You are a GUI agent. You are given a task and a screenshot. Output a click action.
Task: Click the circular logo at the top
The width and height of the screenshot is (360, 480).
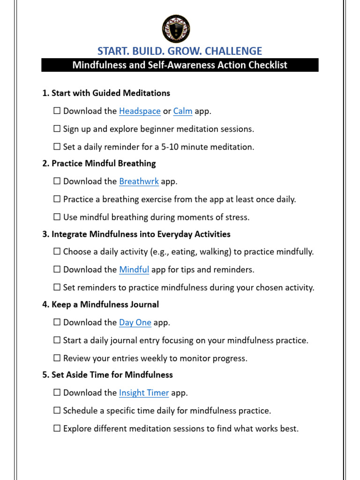click(176, 29)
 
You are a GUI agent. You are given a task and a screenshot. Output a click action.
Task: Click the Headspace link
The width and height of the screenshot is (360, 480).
click(140, 111)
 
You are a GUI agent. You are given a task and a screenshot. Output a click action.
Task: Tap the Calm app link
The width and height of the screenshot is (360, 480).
click(183, 111)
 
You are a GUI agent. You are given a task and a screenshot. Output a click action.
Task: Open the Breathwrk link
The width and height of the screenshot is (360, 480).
click(139, 181)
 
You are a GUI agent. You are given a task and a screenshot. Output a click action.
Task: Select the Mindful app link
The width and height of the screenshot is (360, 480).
click(134, 270)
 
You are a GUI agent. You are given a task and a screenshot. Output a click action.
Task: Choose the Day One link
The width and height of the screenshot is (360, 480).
click(135, 322)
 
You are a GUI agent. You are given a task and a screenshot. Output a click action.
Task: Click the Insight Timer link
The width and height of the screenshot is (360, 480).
click(144, 393)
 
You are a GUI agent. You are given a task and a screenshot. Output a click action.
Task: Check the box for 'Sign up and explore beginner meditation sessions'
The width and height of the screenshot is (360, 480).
click(57, 129)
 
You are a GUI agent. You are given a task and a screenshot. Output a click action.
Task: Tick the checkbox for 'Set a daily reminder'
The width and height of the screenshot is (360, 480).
click(57, 147)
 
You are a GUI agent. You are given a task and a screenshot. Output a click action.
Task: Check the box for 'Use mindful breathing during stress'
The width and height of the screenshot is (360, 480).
click(57, 217)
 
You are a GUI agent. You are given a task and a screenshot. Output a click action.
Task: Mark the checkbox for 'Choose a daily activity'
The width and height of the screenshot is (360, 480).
click(57, 252)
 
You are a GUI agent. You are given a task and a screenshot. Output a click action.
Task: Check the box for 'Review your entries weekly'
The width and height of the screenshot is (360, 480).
click(57, 359)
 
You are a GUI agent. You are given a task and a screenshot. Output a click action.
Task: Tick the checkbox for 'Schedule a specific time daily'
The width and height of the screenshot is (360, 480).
click(57, 411)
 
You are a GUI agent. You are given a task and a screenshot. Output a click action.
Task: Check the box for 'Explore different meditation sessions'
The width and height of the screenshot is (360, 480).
click(57, 428)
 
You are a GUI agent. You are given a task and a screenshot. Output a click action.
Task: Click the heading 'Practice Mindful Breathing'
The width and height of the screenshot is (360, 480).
click(104, 164)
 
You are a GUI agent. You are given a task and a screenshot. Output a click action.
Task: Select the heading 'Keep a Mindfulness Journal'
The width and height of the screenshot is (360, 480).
click(105, 305)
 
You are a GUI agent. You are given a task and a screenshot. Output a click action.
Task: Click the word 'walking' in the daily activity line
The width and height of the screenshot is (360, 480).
click(214, 252)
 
